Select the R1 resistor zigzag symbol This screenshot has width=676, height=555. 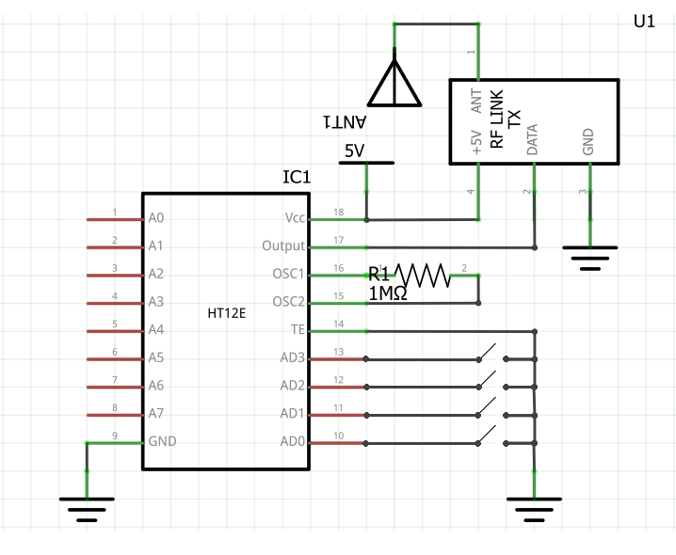pyautogui.click(x=423, y=275)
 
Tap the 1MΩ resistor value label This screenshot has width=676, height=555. pyautogui.click(x=388, y=293)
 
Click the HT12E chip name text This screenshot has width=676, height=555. pyautogui.click(x=226, y=313)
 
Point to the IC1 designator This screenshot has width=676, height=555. pyautogui.click(x=297, y=177)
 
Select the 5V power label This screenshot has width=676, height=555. pyautogui.click(x=354, y=151)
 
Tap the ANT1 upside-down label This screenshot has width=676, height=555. pyautogui.click(x=344, y=122)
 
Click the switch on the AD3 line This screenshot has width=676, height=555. pyautogui.click(x=489, y=356)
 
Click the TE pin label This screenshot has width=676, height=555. pyautogui.click(x=298, y=330)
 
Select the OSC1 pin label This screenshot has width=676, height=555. pyautogui.click(x=289, y=275)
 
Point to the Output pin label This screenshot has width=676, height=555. pyautogui.click(x=283, y=246)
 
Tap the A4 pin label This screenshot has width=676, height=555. pyautogui.click(x=156, y=330)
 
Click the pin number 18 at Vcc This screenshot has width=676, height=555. pyautogui.click(x=338, y=212)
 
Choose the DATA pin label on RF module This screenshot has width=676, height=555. pyautogui.click(x=533, y=138)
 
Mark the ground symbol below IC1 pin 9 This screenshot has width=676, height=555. pyautogui.click(x=87, y=508)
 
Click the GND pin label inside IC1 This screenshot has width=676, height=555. pyautogui.click(x=162, y=441)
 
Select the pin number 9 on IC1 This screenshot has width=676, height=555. pyautogui.click(x=114, y=435)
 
